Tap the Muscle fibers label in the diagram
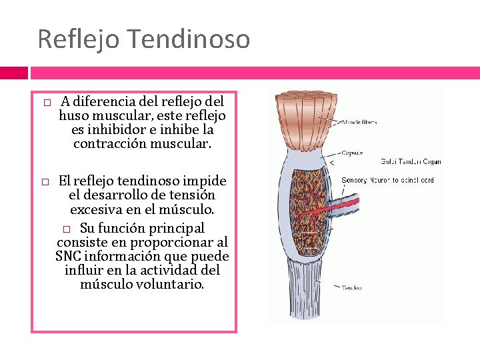[x=360, y=123]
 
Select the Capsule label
[x=352, y=153]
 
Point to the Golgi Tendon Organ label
[x=410, y=162]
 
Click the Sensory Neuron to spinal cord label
[x=387, y=181]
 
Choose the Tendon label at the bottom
[x=351, y=288]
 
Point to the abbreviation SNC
[x=69, y=257]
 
